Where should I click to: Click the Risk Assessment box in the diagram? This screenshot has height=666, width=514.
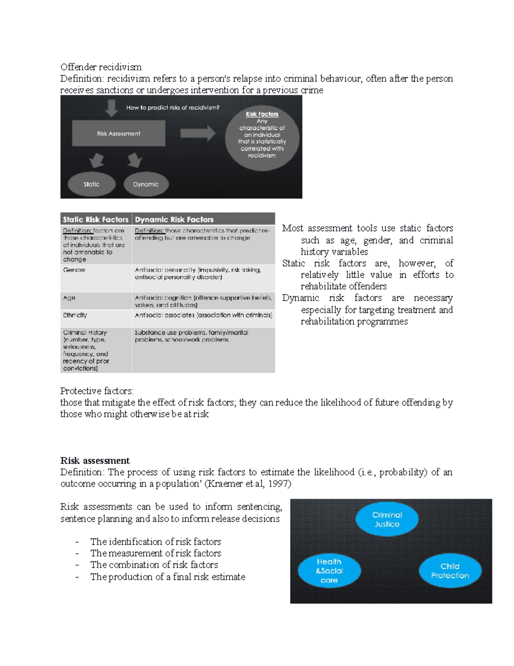(119, 133)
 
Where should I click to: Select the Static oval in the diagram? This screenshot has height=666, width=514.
(92, 184)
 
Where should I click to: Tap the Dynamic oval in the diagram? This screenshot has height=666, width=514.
(146, 184)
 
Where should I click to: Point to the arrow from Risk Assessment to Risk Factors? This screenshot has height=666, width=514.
(197, 133)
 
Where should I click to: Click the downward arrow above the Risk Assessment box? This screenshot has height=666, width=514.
(111, 108)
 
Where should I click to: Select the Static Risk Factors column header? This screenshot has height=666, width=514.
(96, 220)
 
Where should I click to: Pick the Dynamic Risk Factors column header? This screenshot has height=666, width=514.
(203, 220)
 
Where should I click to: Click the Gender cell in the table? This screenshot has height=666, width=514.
(96, 277)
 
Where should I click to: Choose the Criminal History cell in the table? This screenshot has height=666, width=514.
(96, 350)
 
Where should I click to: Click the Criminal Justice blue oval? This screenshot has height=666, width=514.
(387, 519)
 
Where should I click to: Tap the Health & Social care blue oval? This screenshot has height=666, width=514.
(329, 571)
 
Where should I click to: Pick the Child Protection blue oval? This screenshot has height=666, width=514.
(450, 571)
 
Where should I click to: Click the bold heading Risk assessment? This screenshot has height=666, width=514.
(95, 461)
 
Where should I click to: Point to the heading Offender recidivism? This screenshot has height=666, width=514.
(101, 67)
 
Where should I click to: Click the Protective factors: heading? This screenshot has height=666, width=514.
(97, 391)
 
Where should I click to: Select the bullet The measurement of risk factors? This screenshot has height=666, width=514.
(155, 553)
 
